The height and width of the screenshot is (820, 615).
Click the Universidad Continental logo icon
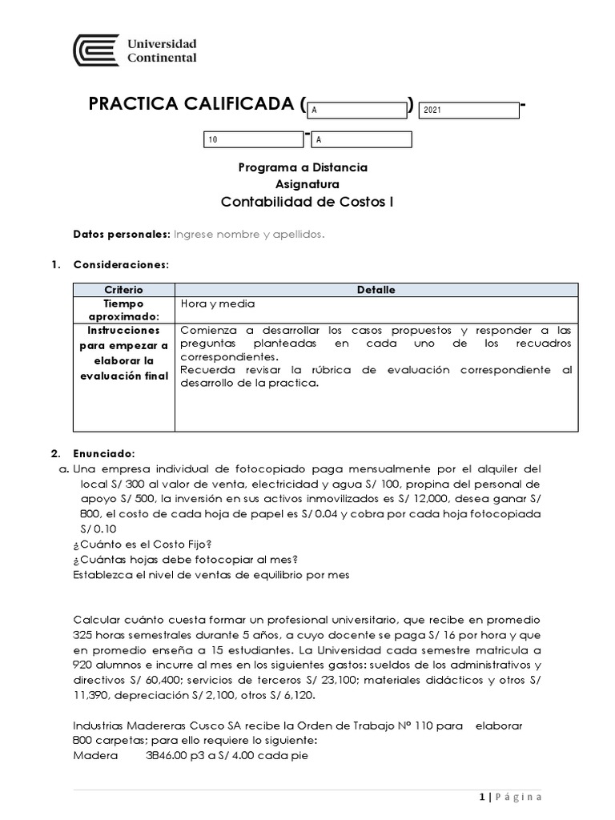click(x=95, y=50)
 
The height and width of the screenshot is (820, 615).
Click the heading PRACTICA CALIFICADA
click(x=192, y=104)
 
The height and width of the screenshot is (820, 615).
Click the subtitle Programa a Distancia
click(x=303, y=167)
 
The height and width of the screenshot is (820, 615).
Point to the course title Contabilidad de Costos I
click(x=307, y=202)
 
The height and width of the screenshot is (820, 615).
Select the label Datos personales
click(x=121, y=234)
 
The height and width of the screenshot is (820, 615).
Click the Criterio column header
click(x=123, y=290)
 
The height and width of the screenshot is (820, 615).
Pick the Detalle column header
click(x=376, y=290)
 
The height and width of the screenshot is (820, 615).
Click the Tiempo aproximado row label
click(x=123, y=310)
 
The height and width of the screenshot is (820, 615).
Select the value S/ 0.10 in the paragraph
click(x=98, y=529)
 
